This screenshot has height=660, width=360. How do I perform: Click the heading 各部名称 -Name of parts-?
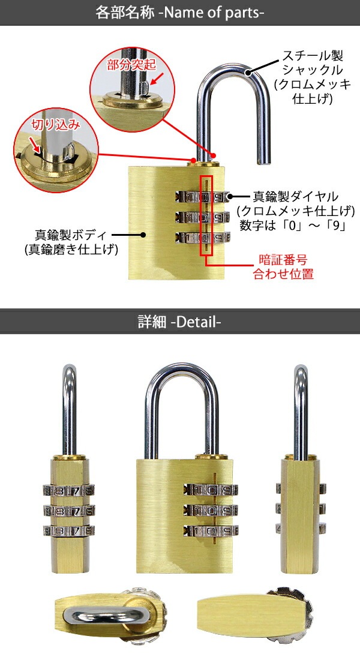(x=180, y=13)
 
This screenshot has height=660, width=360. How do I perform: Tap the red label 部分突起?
(x=127, y=65)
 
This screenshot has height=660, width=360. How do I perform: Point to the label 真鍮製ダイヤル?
(x=296, y=196)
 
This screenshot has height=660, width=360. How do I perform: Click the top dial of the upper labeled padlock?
(x=202, y=196)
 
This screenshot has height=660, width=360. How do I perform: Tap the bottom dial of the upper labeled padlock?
(x=202, y=237)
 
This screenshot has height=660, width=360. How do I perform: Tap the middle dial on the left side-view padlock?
(x=70, y=511)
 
